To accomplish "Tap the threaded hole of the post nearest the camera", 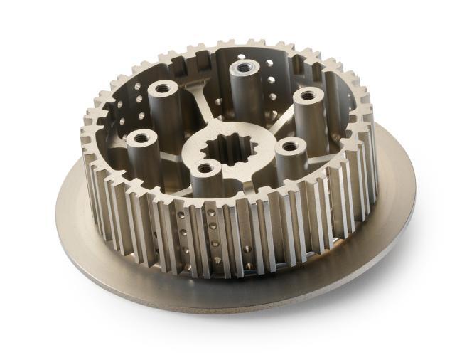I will [x=207, y=169].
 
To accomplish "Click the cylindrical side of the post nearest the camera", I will [x=206, y=186].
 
